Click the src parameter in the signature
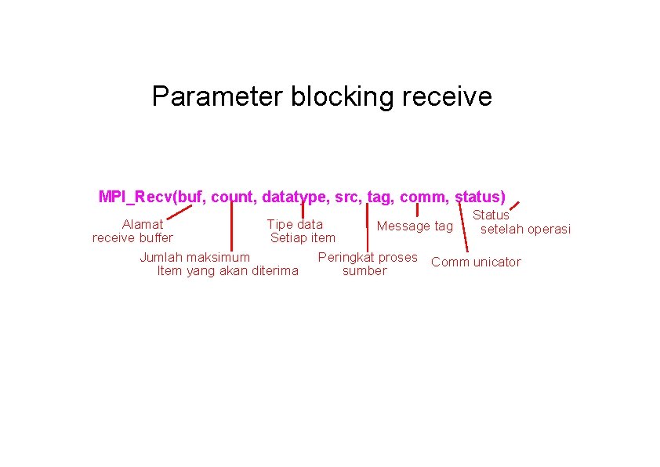347,196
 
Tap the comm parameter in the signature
423,196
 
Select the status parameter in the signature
478,196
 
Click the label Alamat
143,224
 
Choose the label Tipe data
295,224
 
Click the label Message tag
415,226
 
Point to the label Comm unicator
476,262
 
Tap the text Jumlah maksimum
195,257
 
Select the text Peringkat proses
368,257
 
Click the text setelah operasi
525,229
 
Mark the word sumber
364,271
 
